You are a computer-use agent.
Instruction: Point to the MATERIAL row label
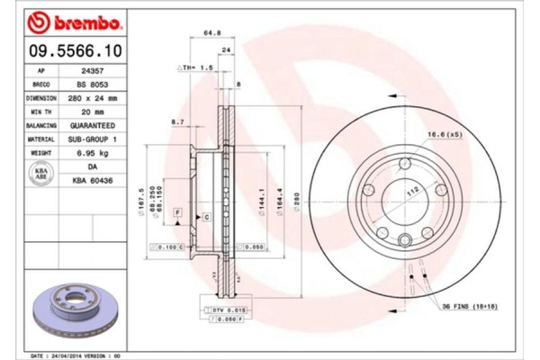42,140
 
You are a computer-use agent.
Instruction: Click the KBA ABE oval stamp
41,175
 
